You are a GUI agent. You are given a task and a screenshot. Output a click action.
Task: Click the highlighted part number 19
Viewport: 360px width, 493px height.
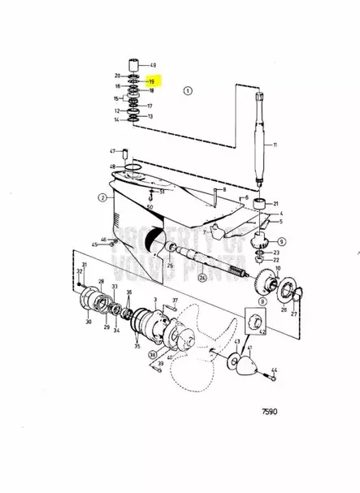point(151,81)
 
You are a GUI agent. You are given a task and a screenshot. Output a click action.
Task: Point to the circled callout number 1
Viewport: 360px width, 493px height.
point(189,92)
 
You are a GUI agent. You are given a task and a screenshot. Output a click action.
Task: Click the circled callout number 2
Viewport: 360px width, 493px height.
point(103,197)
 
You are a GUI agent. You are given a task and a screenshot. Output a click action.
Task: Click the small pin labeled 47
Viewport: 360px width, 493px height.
point(127,153)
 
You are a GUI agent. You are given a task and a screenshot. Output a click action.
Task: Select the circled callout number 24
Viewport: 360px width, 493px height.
point(201,277)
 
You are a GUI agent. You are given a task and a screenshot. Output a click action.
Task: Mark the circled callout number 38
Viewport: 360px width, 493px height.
point(152,354)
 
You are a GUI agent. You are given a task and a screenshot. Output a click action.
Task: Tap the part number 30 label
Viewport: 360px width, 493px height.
point(89,322)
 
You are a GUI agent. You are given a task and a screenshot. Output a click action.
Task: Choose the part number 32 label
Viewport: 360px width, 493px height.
point(80,271)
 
